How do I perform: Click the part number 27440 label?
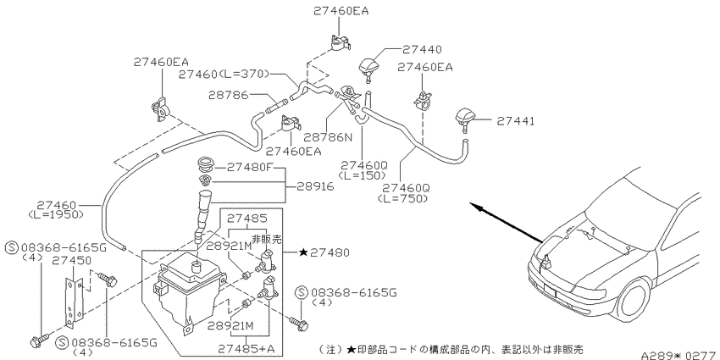pos(422,49)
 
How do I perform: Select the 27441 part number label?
pos(515,121)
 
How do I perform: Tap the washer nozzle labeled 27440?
pos(369,68)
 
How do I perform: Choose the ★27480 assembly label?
pos(324,252)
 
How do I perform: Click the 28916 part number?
pos(314,186)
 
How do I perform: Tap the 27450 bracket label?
pos(71,260)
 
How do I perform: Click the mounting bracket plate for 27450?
pos(70,302)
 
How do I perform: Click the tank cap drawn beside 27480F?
pos(206,165)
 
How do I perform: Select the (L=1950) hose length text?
pos(56,214)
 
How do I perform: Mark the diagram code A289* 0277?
pos(679,356)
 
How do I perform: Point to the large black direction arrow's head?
pos(478,209)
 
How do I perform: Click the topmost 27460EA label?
pos(341,10)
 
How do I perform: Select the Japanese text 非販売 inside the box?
pos(266,239)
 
